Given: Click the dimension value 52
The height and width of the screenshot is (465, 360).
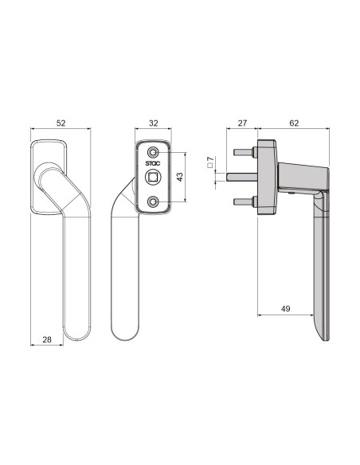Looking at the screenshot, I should (61, 123).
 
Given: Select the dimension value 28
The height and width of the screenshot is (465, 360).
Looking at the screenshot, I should (46, 339).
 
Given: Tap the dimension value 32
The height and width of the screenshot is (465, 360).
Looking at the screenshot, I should (153, 123).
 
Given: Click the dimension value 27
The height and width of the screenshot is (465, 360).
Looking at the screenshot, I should (242, 123).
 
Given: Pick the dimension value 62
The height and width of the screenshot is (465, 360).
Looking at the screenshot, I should (294, 123).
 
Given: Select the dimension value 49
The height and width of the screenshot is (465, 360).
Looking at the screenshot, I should (285, 308).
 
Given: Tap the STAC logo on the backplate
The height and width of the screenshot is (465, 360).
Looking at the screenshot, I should (153, 166).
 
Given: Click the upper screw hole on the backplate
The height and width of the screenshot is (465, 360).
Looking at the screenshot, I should (153, 152).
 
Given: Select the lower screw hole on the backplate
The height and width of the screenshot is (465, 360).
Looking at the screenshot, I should (153, 202).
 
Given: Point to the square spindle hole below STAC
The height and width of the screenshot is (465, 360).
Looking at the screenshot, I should (153, 179).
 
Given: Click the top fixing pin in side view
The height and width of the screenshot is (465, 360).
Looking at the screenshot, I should (243, 151).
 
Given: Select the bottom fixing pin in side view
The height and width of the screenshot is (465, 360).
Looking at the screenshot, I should (243, 201).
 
